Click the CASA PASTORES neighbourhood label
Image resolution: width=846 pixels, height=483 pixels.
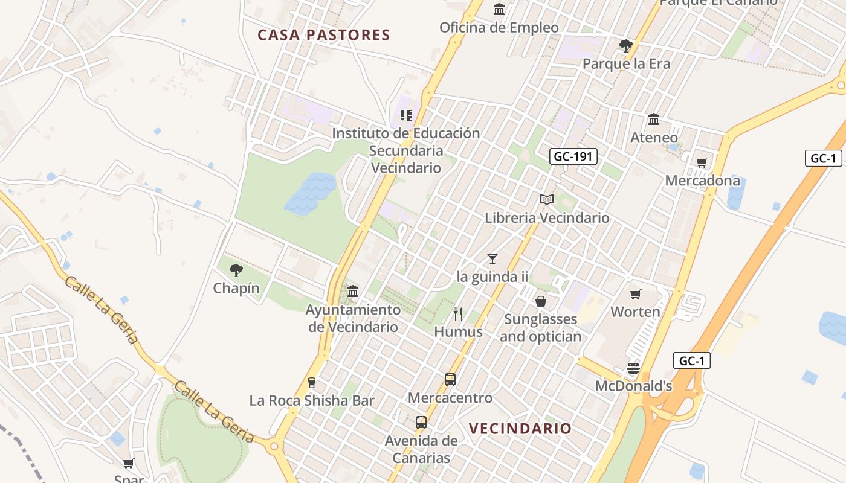(x=324, y=35)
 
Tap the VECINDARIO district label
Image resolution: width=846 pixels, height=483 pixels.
(x=520, y=429)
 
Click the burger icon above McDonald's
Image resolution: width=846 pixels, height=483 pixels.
(x=633, y=368)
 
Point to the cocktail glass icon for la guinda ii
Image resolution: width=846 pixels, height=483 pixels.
(x=492, y=259)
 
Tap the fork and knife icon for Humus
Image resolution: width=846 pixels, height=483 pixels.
(x=458, y=313)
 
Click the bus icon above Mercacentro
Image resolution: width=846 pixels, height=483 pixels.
(x=450, y=380)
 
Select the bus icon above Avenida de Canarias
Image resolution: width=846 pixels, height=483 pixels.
(x=421, y=423)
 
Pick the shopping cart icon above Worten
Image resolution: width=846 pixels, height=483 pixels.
(x=635, y=294)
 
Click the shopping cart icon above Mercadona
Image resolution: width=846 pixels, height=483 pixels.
(x=702, y=162)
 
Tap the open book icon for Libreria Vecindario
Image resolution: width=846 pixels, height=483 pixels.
(x=547, y=199)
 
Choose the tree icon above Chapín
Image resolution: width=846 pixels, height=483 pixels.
(x=236, y=270)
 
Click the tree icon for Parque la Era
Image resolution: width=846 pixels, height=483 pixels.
(x=626, y=45)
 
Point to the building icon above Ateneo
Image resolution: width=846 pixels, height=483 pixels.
(x=654, y=119)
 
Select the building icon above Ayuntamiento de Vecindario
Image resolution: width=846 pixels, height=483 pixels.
(x=353, y=292)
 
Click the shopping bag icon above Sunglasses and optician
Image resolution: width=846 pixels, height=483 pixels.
(x=541, y=301)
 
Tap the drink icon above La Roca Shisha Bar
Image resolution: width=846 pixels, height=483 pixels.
(x=312, y=382)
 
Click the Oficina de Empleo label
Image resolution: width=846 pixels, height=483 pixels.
(x=499, y=28)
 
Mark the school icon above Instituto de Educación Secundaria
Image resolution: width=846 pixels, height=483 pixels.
(x=406, y=115)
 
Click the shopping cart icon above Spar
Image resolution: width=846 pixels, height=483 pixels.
(x=128, y=464)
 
